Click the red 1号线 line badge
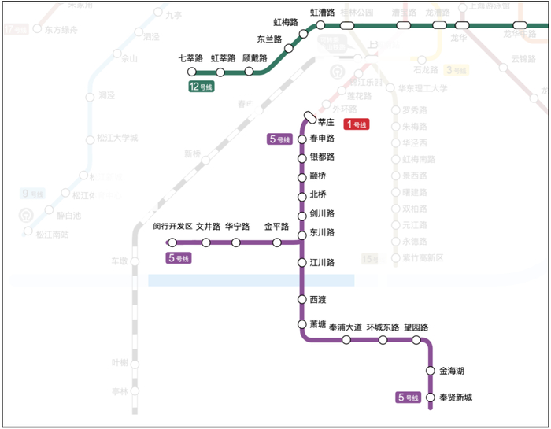pyautogui.click(x=357, y=124)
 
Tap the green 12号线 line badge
pyautogui.click(x=202, y=87)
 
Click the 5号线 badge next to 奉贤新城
pyautogui.click(x=408, y=398)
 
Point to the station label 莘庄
pyautogui.click(x=327, y=123)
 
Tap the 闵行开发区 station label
pyautogui.click(x=172, y=227)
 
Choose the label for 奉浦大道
pyautogui.click(x=345, y=327)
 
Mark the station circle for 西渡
pyautogui.click(x=301, y=300)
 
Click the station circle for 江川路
pyautogui.click(x=301, y=262)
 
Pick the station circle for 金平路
pyautogui.click(x=277, y=242)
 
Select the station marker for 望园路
pyautogui.click(x=416, y=340)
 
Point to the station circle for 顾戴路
pyautogui.click(x=250, y=72)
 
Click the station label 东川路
pyautogui.click(x=323, y=233)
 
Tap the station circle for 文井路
pyautogui.click(x=206, y=242)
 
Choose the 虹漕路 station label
pyautogui.click(x=323, y=13)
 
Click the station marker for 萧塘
pyautogui.click(x=301, y=324)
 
